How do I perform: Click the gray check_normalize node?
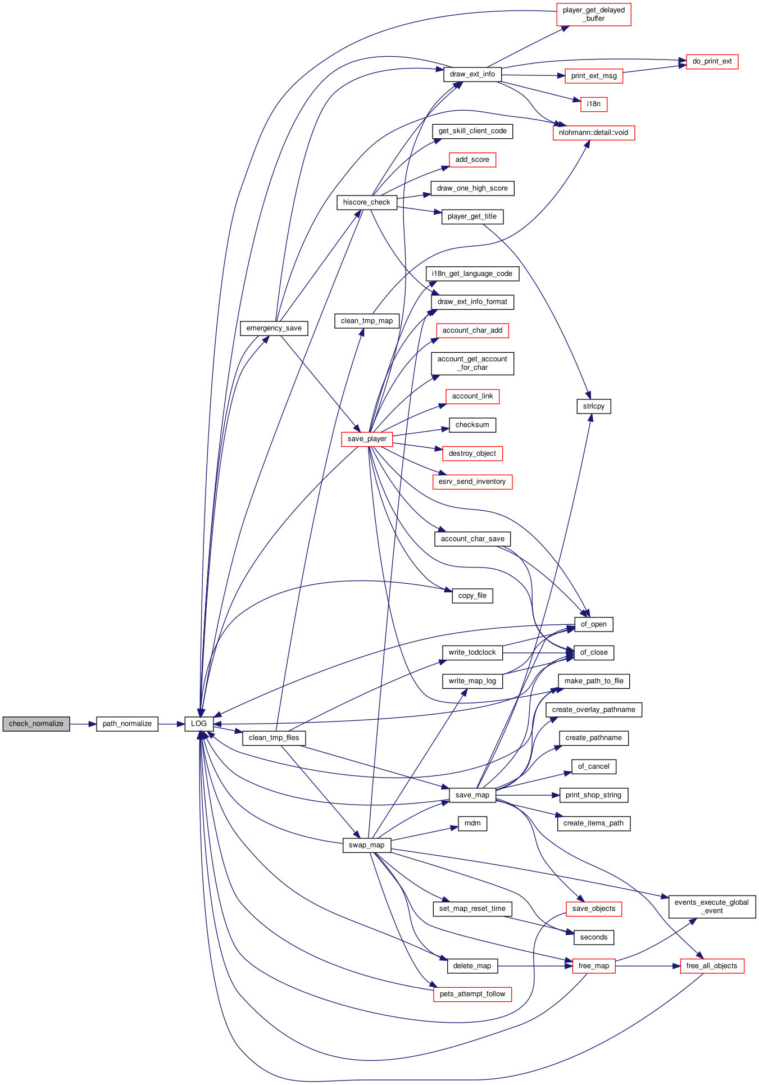click(36, 724)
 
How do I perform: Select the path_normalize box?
click(127, 724)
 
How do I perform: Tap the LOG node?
click(199, 724)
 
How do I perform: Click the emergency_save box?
click(274, 328)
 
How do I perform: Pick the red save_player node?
click(367, 439)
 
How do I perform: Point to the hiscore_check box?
click(367, 202)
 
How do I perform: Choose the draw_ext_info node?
click(472, 74)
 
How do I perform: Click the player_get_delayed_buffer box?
click(594, 14)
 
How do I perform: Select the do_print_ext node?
click(712, 61)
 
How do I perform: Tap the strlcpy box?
click(594, 406)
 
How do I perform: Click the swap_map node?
click(367, 845)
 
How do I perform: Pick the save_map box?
click(472, 795)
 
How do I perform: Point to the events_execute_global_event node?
click(712, 906)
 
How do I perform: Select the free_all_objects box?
click(712, 966)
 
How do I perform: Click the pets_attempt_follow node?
click(472, 994)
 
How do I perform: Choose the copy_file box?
click(472, 596)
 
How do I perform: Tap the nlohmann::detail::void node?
click(594, 133)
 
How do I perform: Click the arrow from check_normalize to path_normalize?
click(83, 724)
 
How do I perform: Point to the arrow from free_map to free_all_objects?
click(648, 966)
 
